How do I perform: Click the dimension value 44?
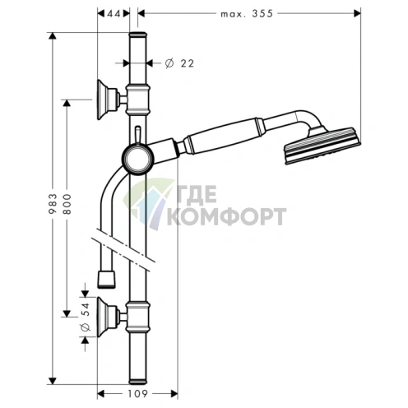(x=114, y=13)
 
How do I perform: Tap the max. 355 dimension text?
(x=247, y=13)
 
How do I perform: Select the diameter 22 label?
(x=179, y=63)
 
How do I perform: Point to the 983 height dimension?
(x=53, y=204)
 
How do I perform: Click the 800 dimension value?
(x=67, y=204)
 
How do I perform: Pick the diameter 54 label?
(x=86, y=317)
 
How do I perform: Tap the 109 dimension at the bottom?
(x=137, y=394)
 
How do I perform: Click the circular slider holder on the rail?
(x=138, y=159)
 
